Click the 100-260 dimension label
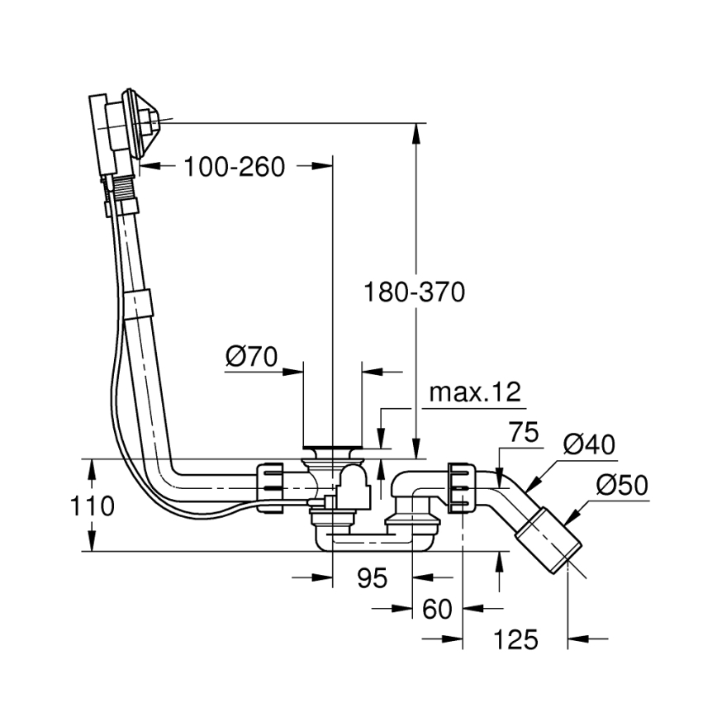pyautogui.click(x=234, y=167)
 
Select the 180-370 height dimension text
pyautogui.click(x=414, y=292)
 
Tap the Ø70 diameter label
pyautogui.click(x=251, y=357)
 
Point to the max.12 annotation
pyautogui.click(x=475, y=392)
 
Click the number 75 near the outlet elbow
pyautogui.click(x=524, y=432)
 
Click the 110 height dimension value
pyautogui.click(x=92, y=506)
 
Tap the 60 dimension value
pyautogui.click(x=437, y=609)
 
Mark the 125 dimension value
pyautogui.click(x=515, y=639)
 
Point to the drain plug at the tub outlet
pyautogui.click(x=332, y=450)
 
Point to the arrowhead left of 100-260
pyautogui.click(x=146, y=167)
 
